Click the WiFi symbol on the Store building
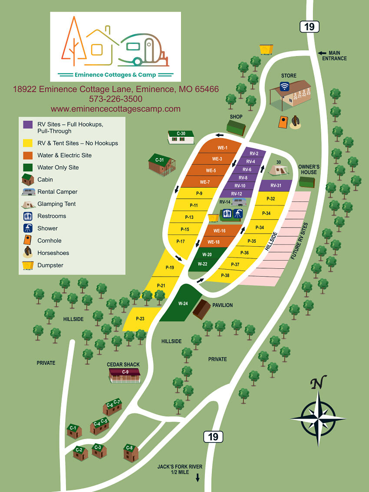point(285,86)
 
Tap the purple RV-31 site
point(276,185)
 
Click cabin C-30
point(181,137)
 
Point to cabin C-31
point(161,164)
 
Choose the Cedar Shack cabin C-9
point(125,375)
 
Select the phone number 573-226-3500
point(115,99)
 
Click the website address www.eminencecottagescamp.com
point(115,109)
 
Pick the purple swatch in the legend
point(28,125)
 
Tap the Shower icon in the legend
point(28,228)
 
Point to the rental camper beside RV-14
point(239,202)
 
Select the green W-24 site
point(183,303)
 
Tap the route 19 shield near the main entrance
point(309,26)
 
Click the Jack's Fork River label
point(180,469)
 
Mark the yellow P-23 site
point(140,319)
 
